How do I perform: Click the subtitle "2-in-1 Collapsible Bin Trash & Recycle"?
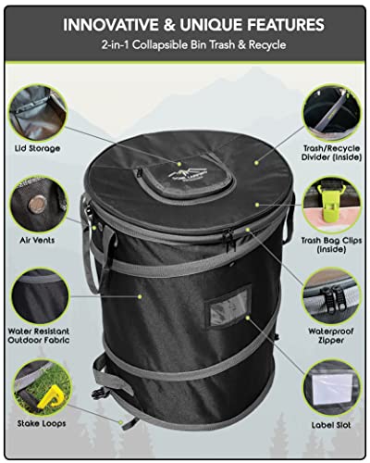tap(185, 44)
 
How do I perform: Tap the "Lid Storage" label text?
tap(37, 149)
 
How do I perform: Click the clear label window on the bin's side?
tap(230, 308)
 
